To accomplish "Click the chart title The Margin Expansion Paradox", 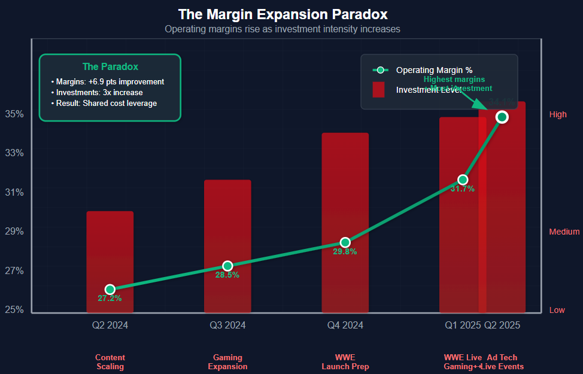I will (283, 14).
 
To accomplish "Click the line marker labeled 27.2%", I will (110, 290).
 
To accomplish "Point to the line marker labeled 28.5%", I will (227, 266).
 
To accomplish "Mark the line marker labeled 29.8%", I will (345, 242).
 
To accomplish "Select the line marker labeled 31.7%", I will (463, 180).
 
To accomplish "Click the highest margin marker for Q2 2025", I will (502, 117).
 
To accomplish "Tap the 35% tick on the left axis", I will (14, 114).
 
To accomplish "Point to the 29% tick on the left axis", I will (14, 231).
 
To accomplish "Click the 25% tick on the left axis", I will (14, 309).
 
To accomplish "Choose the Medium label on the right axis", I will (564, 232).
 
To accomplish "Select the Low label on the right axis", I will (557, 310).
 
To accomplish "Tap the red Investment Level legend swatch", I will (378, 90).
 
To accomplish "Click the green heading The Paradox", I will (110, 67).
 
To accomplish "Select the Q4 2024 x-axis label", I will (345, 326).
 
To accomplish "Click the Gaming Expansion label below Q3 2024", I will (227, 362).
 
